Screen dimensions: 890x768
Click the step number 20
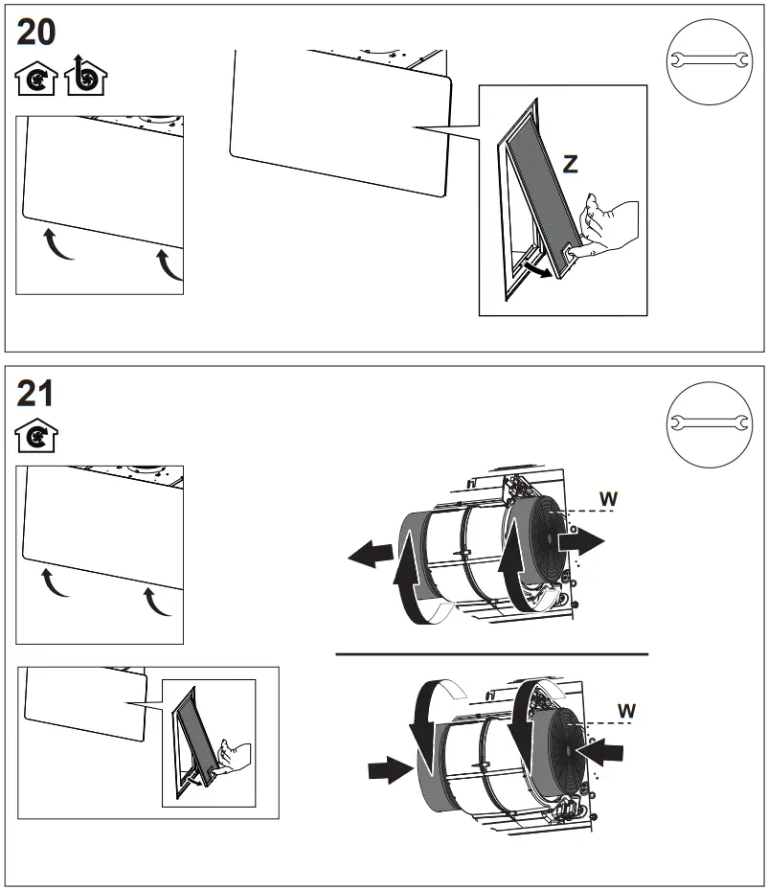point(37,33)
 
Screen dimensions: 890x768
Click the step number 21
point(36,393)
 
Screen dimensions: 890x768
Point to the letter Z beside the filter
point(571,164)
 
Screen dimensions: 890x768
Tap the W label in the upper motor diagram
point(608,497)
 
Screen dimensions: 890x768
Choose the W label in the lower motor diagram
point(627,710)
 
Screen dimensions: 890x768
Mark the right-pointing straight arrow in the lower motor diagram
point(392,769)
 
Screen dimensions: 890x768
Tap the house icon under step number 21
point(37,436)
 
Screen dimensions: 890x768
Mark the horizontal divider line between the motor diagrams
point(491,654)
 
